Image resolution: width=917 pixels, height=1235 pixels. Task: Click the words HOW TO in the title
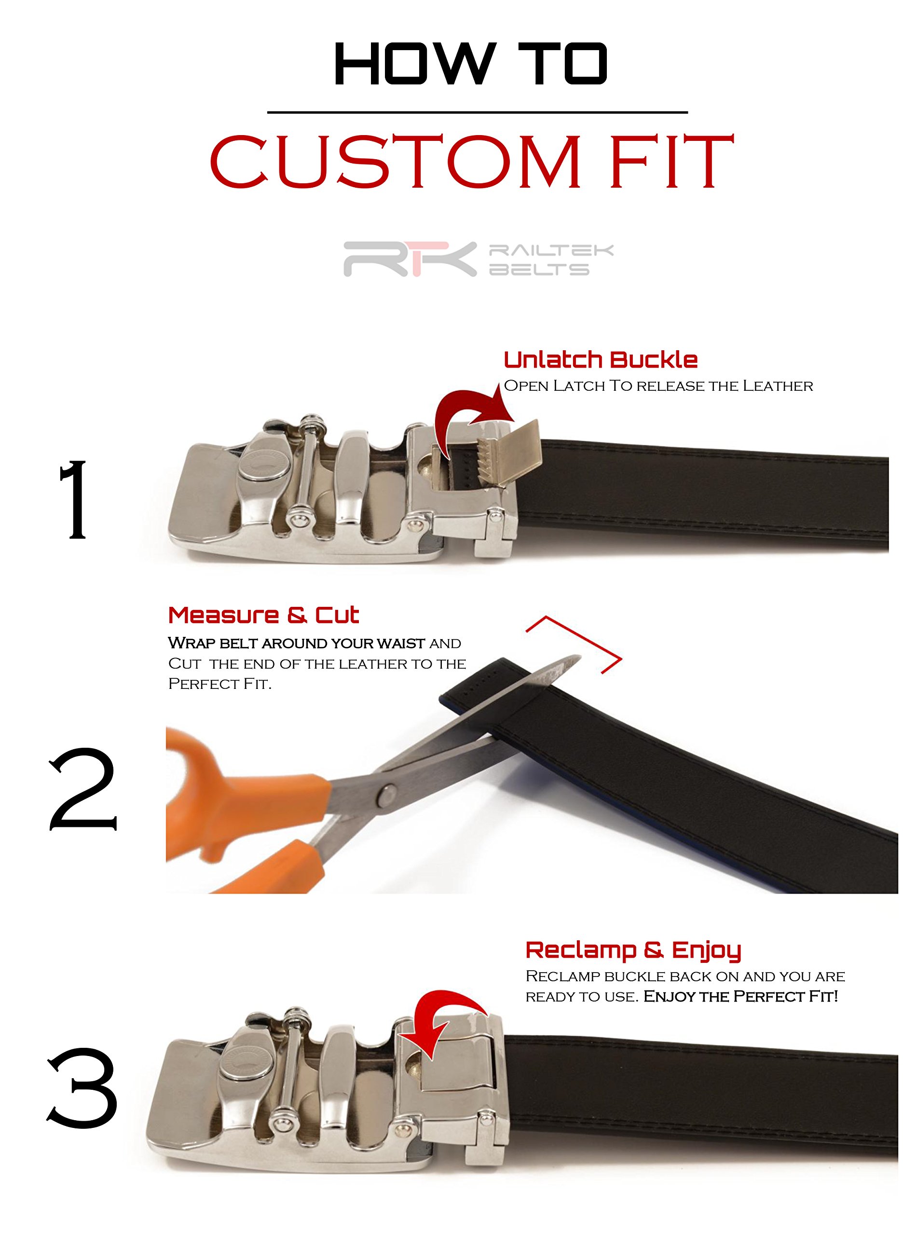[471, 64]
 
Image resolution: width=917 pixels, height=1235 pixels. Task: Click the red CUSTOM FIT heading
[472, 162]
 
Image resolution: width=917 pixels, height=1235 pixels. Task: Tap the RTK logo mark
[410, 259]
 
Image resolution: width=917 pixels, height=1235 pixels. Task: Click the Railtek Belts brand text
[551, 260]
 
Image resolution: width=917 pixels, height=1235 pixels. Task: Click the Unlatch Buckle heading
[601, 360]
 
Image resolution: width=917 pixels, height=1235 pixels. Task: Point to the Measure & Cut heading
[264, 615]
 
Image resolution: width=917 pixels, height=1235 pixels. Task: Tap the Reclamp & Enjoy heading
[633, 951]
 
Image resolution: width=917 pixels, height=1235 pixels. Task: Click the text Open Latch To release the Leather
[658, 386]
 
